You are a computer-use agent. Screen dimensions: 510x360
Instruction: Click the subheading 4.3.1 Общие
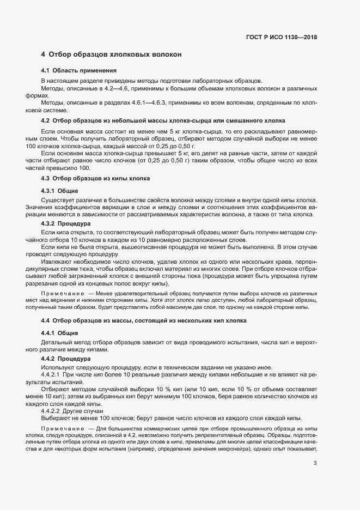[60, 190]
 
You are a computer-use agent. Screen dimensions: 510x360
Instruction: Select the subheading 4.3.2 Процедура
[66, 223]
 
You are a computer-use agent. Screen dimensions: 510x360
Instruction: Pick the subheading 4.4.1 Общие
[60, 332]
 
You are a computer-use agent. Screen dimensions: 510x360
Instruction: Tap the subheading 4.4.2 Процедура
[66, 359]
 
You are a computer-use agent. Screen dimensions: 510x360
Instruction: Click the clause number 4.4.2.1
[51, 375]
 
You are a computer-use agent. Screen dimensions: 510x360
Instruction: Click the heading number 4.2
[46, 120]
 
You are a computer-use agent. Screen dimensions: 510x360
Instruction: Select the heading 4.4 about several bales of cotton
[144, 320]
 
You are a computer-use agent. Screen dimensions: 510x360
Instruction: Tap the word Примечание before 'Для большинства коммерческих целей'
[59, 428]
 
